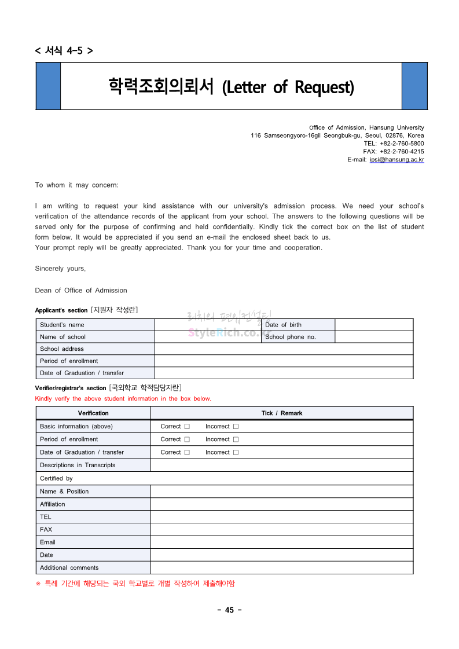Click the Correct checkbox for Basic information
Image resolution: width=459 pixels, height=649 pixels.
(187, 427)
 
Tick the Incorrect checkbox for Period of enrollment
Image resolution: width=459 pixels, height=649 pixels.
(236, 439)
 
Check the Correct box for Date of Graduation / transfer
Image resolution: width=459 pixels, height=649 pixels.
(187, 453)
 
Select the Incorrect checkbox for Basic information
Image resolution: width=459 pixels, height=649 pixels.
(236, 427)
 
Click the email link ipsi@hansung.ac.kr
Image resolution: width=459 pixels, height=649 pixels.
(396, 160)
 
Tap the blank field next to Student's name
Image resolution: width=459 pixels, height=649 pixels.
(207, 325)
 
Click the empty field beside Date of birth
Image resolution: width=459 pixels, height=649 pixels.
(373, 325)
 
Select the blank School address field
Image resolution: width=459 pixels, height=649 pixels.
(284, 349)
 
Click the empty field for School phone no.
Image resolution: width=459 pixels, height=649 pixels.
(373, 337)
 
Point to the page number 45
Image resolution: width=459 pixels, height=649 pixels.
(229, 610)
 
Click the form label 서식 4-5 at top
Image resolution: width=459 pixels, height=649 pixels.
(64, 50)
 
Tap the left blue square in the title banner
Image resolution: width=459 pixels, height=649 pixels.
(48, 86)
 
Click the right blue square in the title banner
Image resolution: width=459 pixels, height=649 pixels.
(414, 86)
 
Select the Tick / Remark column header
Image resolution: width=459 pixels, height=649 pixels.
(281, 413)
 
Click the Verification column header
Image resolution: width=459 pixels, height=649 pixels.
(93, 413)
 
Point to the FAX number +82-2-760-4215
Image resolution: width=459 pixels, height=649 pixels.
(402, 152)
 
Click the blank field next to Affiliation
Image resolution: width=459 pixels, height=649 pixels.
(281, 504)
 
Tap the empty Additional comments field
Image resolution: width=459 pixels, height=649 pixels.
(281, 568)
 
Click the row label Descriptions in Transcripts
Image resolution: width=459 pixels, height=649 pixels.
(78, 465)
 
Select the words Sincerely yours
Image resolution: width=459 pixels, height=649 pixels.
(60, 269)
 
